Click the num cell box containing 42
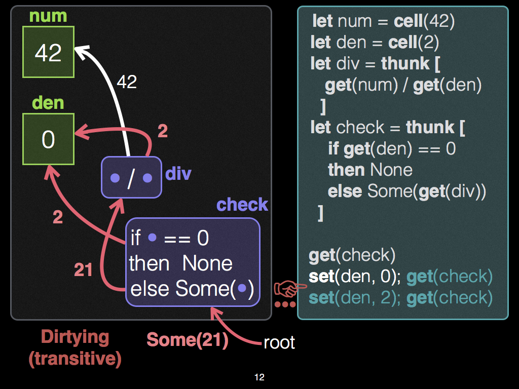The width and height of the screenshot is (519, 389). tap(49, 52)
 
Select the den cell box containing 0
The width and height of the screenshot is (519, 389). tap(49, 139)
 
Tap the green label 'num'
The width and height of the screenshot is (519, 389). tap(48, 16)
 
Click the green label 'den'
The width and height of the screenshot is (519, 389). tap(48, 103)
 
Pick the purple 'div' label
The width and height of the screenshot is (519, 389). tap(178, 174)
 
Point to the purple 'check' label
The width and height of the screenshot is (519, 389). tap(242, 205)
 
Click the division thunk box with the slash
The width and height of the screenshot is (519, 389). tap(132, 177)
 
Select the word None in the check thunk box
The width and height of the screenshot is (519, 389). tap(207, 263)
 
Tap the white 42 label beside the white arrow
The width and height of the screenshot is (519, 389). tap(127, 82)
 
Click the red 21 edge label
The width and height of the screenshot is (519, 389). tap(83, 270)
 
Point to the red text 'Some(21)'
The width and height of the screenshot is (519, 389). tap(188, 340)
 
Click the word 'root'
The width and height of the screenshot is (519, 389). tap(279, 343)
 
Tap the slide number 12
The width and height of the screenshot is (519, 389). tap(259, 377)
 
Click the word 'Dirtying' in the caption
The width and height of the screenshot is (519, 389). tap(75, 337)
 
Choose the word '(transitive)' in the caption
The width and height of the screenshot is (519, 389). tap(75, 359)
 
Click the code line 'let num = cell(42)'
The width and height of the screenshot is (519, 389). tap(384, 21)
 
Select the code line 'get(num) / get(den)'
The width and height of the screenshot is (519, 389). tap(403, 85)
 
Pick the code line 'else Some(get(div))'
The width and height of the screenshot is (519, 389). tap(407, 191)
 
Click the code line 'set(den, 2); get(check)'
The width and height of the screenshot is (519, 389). tap(400, 297)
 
